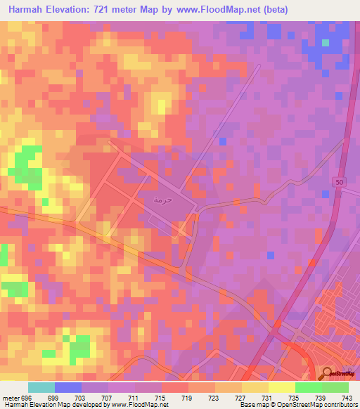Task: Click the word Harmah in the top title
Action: click(30, 11)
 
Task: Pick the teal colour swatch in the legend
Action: click(41, 387)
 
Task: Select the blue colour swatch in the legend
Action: click(68, 387)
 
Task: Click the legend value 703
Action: click(82, 397)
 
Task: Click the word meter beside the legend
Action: click(11, 397)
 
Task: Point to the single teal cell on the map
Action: click(326, 43)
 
